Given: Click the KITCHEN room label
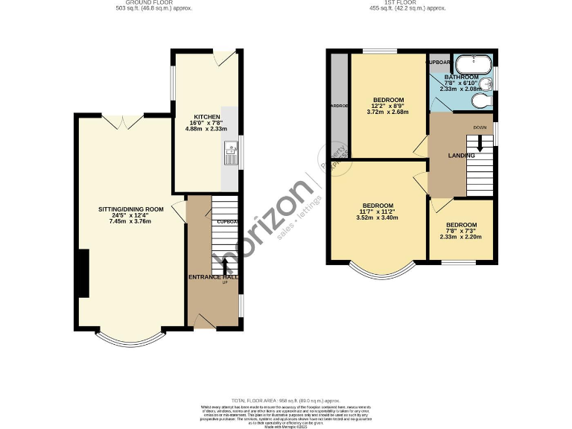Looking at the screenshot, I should (x=206, y=118).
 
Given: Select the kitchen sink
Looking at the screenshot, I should (x=229, y=155).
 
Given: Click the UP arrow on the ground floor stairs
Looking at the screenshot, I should (x=224, y=265).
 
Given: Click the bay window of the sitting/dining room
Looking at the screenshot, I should (x=130, y=340).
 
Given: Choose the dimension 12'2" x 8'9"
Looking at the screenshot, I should (x=389, y=107).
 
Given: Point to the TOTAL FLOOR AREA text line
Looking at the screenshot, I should (x=286, y=400).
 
